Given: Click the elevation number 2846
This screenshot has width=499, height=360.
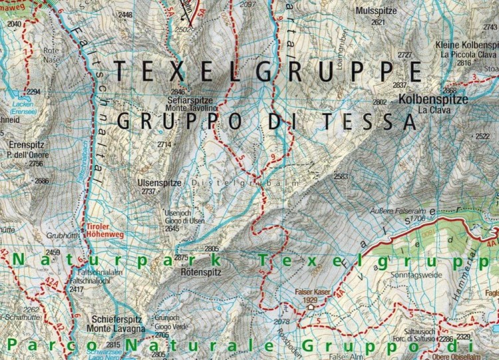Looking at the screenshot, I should tap(178, 92).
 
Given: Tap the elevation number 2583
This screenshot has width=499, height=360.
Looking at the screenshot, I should tap(341, 176).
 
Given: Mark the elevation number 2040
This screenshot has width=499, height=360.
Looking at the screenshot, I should tap(14, 23).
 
